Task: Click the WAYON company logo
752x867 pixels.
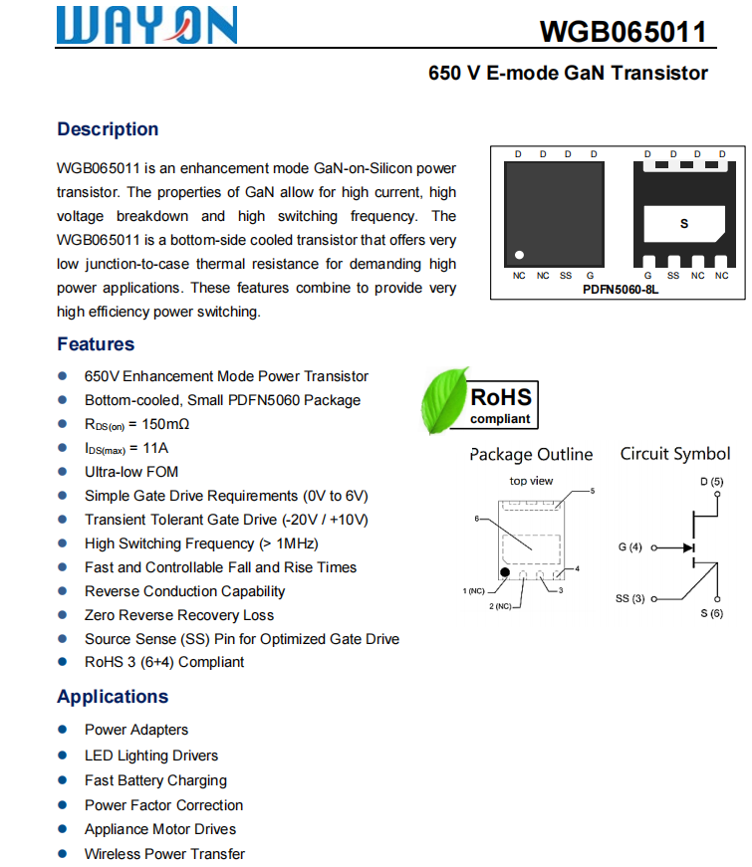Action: (146, 26)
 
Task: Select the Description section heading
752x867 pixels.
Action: (108, 129)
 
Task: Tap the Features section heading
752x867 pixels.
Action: (96, 344)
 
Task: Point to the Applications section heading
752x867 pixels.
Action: (113, 697)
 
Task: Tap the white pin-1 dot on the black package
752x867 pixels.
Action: (519, 255)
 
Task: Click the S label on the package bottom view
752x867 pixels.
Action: (683, 224)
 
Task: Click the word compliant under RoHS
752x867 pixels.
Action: (500, 419)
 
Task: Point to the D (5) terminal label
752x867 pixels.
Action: (711, 482)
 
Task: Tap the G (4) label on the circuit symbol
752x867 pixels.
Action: (630, 547)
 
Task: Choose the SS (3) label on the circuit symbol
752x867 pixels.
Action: (630, 598)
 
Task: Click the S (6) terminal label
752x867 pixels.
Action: (711, 613)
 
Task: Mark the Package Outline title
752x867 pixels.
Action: (531, 455)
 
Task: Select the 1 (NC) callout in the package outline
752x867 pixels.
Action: (474, 591)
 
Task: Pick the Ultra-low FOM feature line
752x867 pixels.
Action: (131, 472)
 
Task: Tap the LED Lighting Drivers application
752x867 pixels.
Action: (151, 756)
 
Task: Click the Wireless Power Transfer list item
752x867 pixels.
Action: (164, 854)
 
